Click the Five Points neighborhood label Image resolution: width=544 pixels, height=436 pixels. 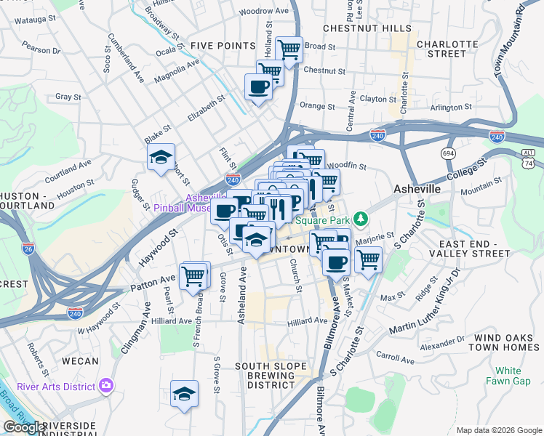(223, 46)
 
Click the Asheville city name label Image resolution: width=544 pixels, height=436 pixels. (417, 189)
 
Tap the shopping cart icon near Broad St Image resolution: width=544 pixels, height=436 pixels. (289, 49)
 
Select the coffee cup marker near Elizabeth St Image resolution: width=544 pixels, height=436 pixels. (259, 88)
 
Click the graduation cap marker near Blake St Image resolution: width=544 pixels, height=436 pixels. (160, 157)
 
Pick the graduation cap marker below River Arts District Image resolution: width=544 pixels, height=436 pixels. (185, 394)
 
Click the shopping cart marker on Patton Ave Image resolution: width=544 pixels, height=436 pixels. (193, 275)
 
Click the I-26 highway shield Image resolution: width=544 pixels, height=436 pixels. (28, 249)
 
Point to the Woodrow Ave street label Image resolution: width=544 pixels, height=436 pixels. (264, 12)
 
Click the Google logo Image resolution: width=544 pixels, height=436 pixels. (25, 427)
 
